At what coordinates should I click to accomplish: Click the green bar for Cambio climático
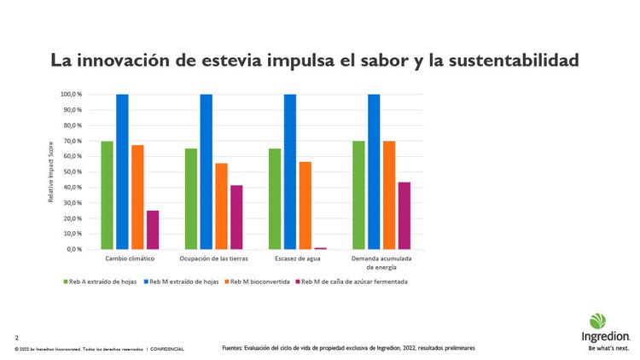coord(107,195)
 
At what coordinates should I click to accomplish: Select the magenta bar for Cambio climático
coord(153,229)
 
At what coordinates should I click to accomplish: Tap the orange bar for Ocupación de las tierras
coord(221,206)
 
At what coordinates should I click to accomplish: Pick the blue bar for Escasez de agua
coord(290,171)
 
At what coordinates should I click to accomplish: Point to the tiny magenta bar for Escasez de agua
coord(320,248)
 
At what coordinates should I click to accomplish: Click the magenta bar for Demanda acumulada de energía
coord(404,215)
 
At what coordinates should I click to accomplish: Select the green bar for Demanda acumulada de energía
coord(358,195)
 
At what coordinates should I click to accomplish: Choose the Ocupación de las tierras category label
coord(213,258)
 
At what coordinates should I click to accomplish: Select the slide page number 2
coord(16,338)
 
